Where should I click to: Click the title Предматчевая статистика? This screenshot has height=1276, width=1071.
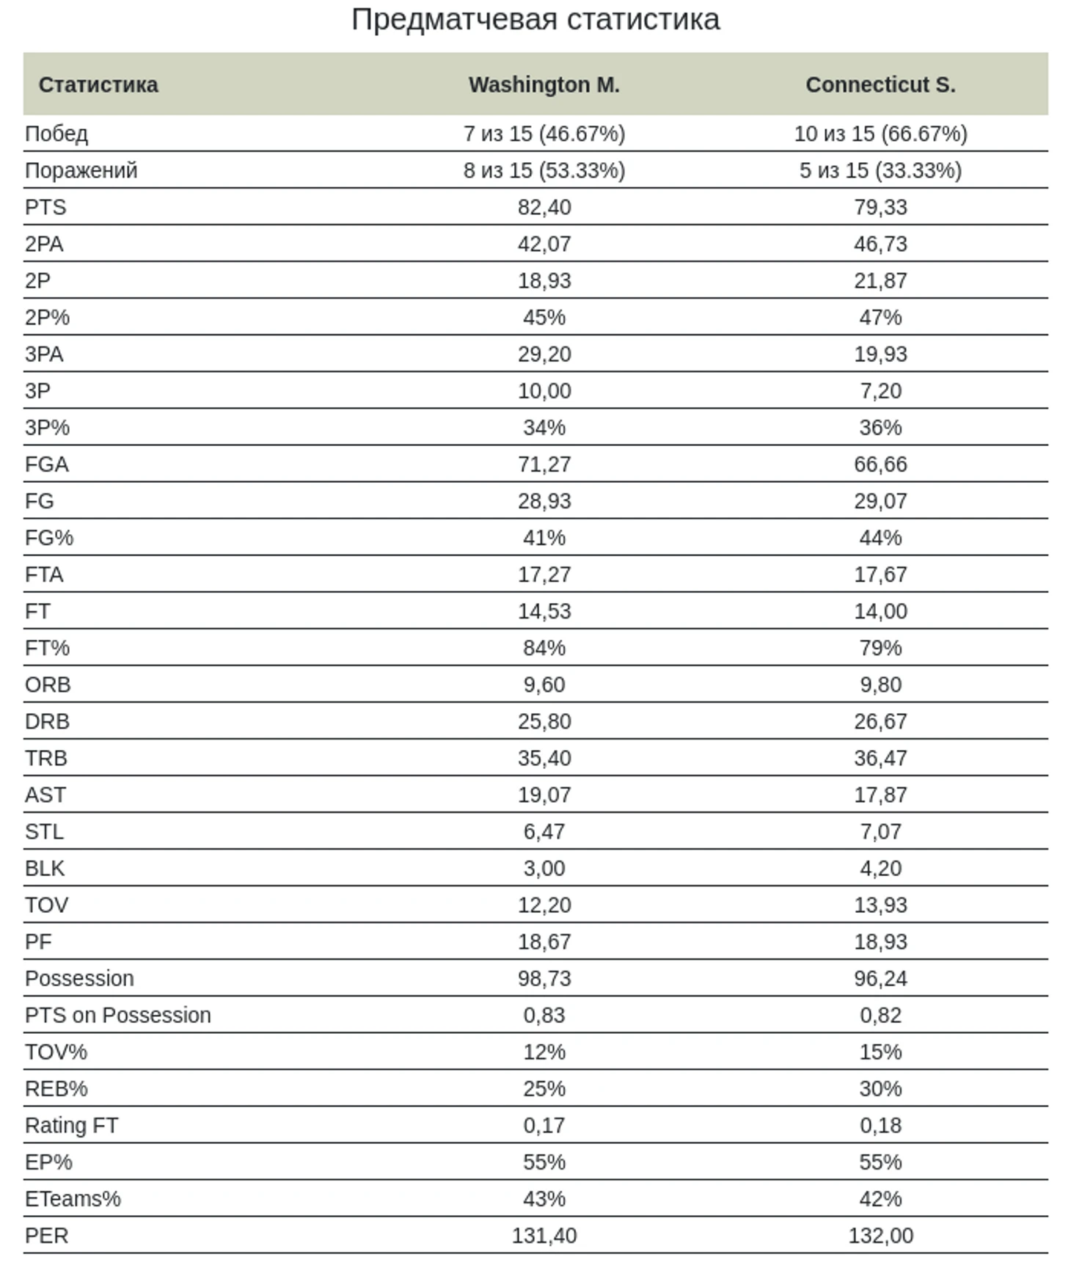tap(535, 20)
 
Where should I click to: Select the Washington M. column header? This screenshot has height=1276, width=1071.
tap(544, 85)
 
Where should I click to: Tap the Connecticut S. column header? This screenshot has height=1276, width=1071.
tap(880, 85)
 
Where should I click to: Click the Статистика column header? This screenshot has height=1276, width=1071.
tap(98, 85)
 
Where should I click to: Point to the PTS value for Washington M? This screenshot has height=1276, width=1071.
tap(544, 208)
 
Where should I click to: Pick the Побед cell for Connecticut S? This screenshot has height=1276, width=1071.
tap(880, 134)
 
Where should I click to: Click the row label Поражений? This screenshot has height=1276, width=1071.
tap(81, 170)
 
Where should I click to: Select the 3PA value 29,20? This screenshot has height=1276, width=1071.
tap(544, 354)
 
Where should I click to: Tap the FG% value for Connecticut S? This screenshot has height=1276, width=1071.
tap(880, 538)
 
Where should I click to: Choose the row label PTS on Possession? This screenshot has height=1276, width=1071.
tap(118, 1016)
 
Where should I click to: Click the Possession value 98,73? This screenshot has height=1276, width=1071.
tap(544, 979)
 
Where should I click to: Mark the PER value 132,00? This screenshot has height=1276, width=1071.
tap(880, 1236)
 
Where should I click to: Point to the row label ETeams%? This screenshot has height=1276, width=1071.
tap(73, 1199)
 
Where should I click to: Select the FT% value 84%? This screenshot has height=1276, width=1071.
tap(544, 648)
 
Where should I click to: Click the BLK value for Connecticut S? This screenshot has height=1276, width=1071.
tap(880, 869)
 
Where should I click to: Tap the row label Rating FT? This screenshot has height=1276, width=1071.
tap(71, 1126)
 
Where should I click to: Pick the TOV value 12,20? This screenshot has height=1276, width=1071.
tap(544, 905)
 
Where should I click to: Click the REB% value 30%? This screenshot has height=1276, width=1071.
tap(880, 1089)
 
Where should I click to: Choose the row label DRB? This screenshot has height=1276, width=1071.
tap(47, 722)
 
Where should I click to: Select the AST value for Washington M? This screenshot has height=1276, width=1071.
tap(544, 795)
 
